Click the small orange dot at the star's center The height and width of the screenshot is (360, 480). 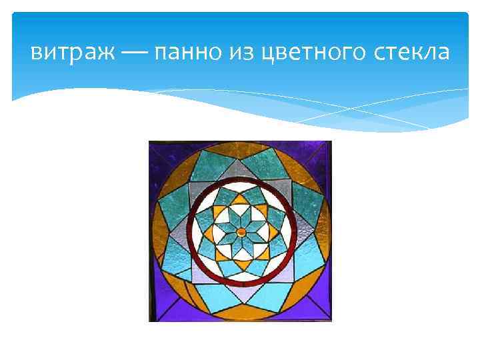[241, 231]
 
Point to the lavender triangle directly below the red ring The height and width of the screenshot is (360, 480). [241, 291]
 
